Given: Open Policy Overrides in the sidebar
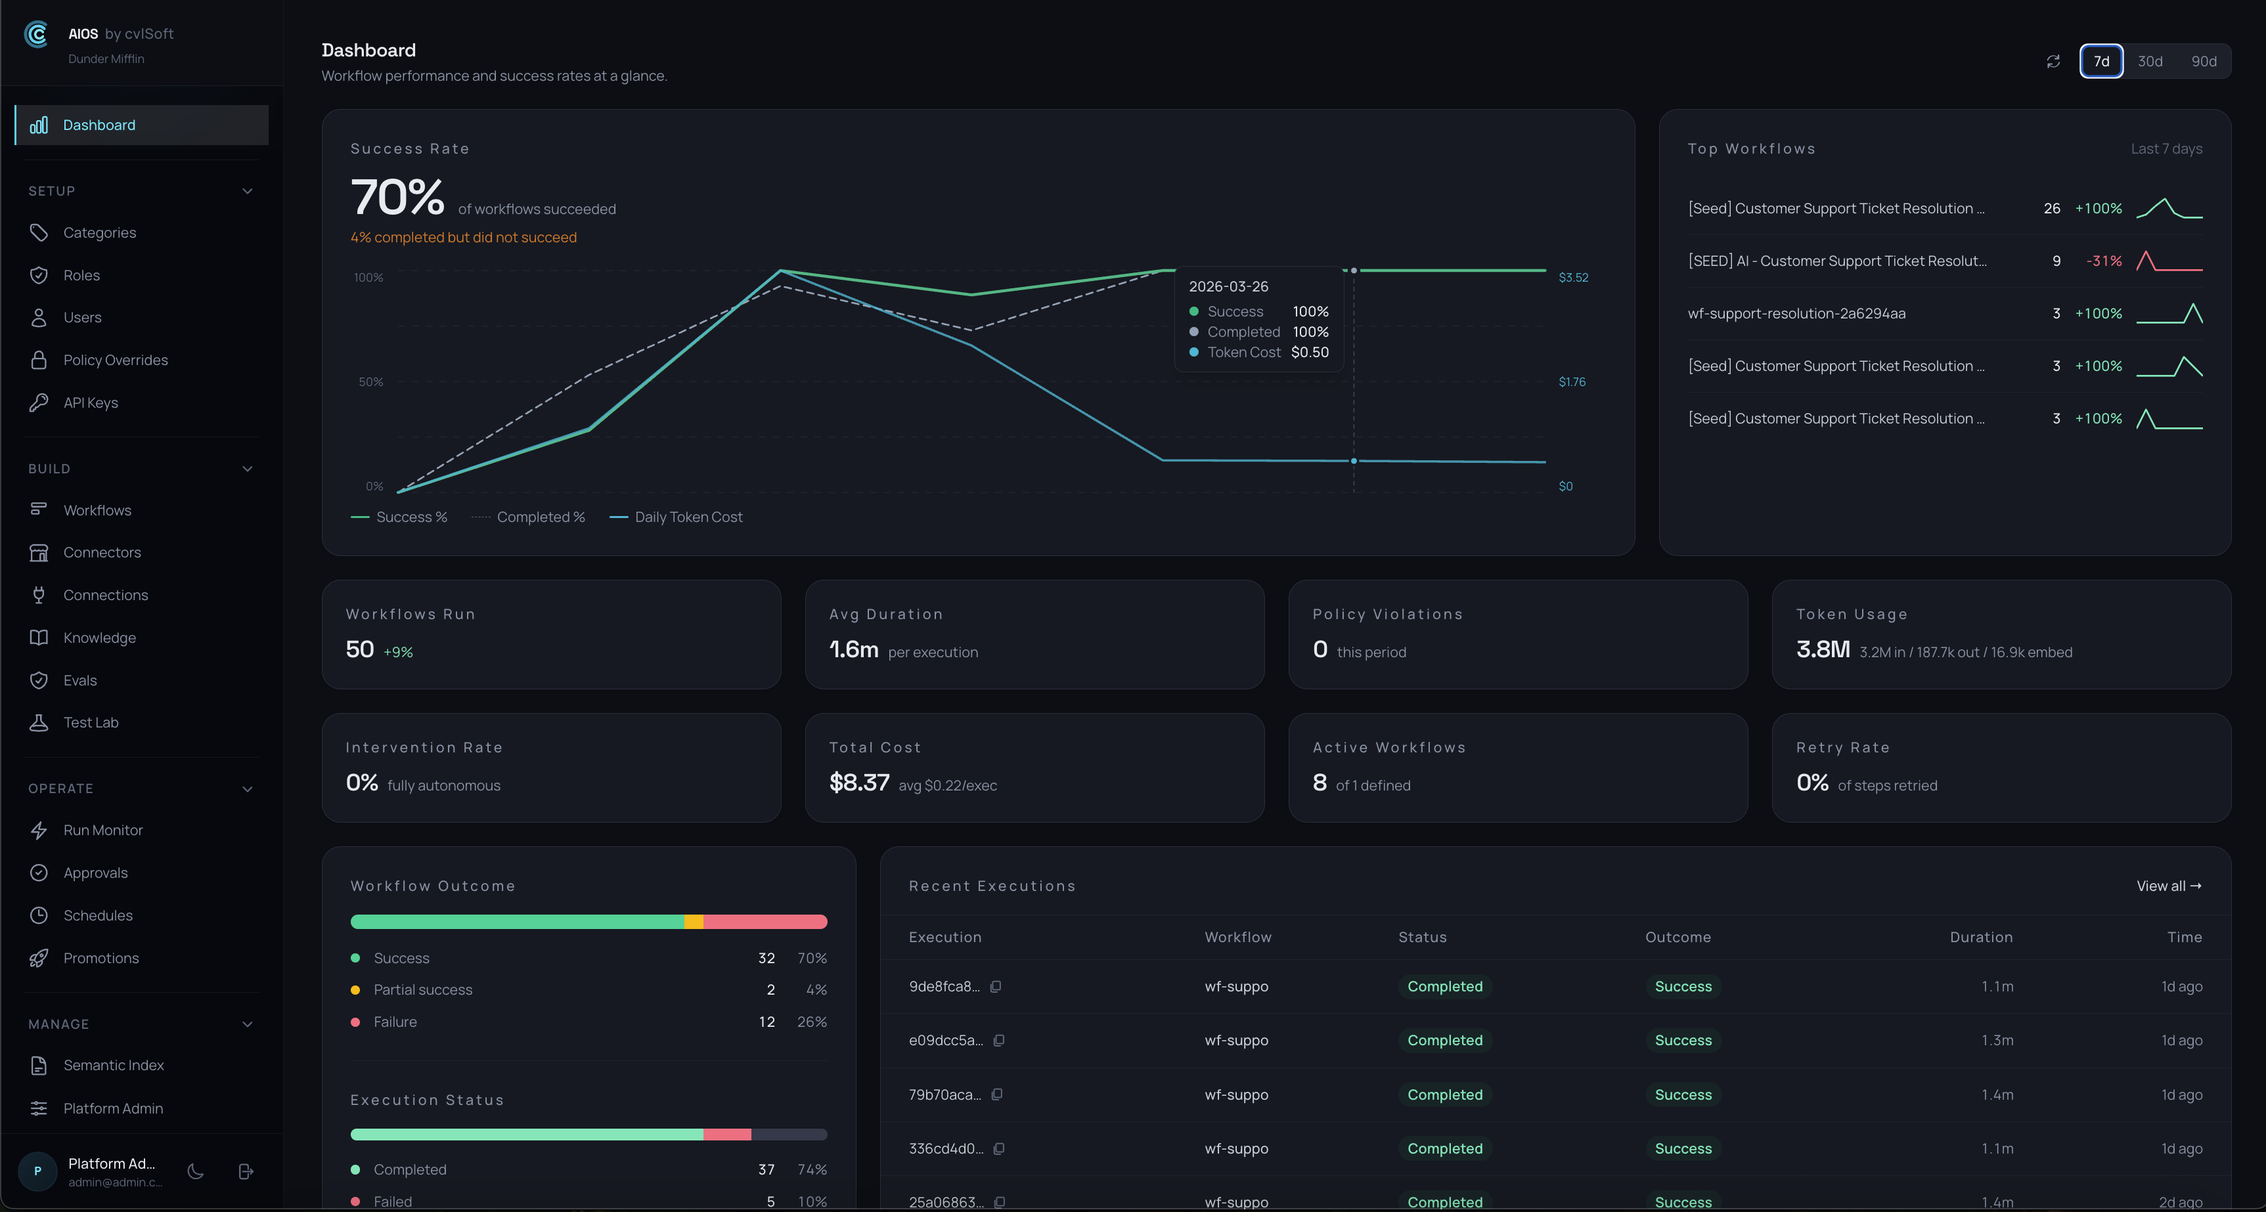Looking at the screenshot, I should click(x=115, y=360).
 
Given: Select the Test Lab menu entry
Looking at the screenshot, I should click(x=91, y=722).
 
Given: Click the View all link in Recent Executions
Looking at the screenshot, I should click(x=2168, y=886).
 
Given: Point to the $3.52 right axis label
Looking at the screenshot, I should click(x=1573, y=277).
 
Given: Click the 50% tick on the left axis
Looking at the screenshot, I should click(x=370, y=381).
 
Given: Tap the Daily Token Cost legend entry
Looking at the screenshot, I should click(x=688, y=517).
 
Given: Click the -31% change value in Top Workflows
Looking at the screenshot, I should click(x=2103, y=261).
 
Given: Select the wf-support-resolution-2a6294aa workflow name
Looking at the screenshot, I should click(x=1796, y=313).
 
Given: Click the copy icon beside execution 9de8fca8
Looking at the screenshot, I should click(x=996, y=987).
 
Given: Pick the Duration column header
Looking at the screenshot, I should click(x=1980, y=937).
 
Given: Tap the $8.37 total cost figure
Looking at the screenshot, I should click(x=858, y=782).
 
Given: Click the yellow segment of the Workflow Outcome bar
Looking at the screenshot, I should click(x=693, y=922).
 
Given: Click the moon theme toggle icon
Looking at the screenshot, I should click(x=195, y=1171).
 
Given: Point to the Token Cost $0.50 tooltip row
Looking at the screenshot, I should click(x=1259, y=352).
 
